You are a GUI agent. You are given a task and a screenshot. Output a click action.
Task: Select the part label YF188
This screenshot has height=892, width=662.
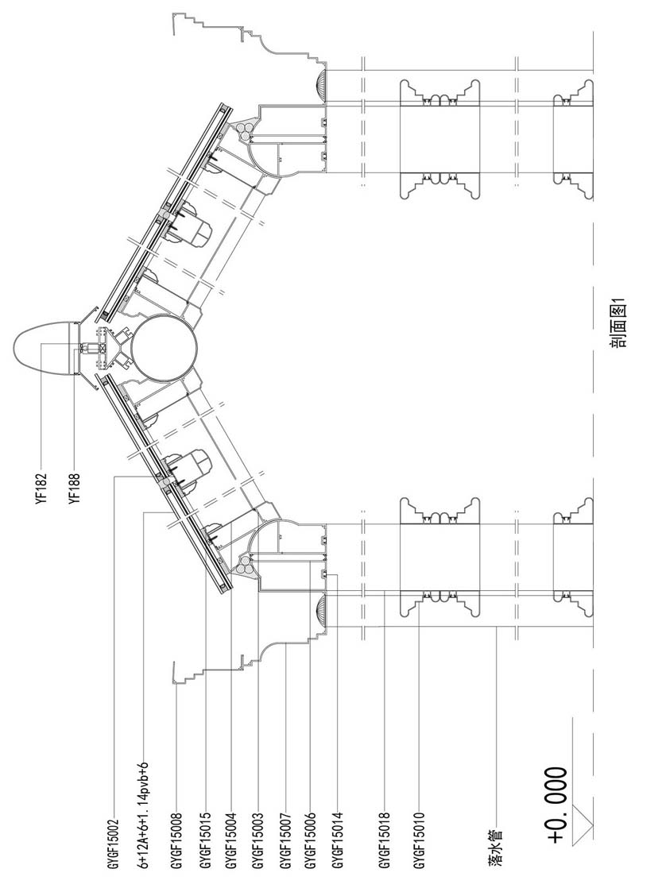click(75, 487)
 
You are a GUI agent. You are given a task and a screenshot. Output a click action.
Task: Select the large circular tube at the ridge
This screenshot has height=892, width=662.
click(164, 348)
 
